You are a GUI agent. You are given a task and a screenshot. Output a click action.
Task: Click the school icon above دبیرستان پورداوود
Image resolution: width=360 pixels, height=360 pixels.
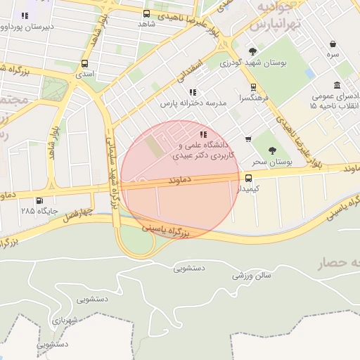click(25, 15)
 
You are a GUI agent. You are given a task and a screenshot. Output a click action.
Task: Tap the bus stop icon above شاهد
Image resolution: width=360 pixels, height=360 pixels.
click(146, 13)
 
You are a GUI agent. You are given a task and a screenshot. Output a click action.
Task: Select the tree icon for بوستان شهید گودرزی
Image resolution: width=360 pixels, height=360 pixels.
click(252, 51)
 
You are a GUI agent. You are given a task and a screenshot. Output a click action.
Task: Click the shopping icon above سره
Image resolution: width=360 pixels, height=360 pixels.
click(333, 44)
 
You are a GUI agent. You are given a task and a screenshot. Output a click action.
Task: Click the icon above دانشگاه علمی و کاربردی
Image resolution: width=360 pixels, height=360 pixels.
click(203, 134)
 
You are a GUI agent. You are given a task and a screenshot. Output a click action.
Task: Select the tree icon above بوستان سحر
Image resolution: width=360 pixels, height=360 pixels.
click(272, 150)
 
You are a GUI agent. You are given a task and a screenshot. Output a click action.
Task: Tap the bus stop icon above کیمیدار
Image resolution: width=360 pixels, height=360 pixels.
click(248, 177)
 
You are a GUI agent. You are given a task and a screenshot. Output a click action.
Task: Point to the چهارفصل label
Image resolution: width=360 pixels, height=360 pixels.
click(77, 212)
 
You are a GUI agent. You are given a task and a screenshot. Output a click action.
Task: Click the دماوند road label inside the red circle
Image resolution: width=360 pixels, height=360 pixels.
click(180, 181)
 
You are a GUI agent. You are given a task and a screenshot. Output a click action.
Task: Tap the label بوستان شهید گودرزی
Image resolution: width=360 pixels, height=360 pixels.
click(252, 63)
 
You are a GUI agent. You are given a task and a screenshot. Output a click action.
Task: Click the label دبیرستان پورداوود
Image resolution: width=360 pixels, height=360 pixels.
click(27, 28)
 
